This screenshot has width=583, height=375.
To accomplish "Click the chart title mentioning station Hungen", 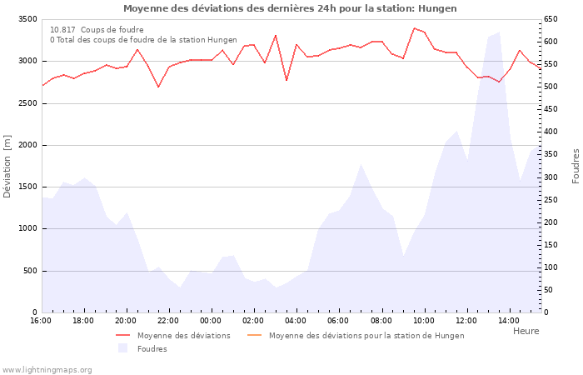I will pos(290,8).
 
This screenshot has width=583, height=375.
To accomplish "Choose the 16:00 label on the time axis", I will pos(41,321).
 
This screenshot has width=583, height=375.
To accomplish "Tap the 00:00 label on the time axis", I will pos(211,321).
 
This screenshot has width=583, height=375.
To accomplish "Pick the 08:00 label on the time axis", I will pos(381,321).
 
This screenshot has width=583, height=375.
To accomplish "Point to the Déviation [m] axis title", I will pos(7,166).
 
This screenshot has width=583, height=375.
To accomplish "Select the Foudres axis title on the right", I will pos(576,166).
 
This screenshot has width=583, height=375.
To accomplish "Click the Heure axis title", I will pos(526,331).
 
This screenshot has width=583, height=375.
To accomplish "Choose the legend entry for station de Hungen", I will pos(366,336).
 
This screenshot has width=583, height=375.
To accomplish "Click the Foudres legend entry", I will pos(152,349).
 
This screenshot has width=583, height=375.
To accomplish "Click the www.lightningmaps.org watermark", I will pos(47,369).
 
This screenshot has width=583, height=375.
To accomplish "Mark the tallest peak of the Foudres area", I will pos(499,32).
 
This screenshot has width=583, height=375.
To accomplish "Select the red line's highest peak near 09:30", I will pos(414,28).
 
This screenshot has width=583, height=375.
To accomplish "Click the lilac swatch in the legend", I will pos(124,348).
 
